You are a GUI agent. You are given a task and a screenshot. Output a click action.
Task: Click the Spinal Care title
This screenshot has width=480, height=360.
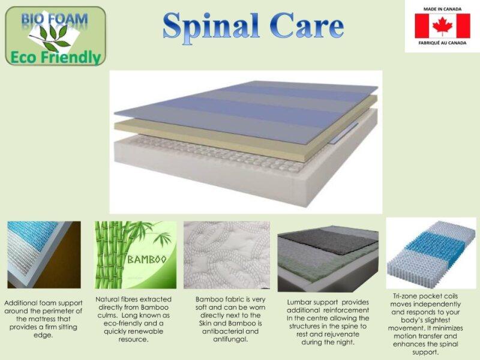tap(253, 27)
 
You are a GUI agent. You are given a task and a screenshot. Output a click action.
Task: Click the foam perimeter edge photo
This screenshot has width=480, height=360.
tap(43, 254)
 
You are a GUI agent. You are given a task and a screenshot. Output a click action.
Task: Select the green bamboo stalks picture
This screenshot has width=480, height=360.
tap(135, 254)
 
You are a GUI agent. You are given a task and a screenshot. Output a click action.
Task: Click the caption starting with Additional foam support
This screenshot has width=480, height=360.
tap(43, 319)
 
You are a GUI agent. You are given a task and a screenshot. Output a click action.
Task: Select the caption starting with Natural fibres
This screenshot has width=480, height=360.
tap(133, 319)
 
